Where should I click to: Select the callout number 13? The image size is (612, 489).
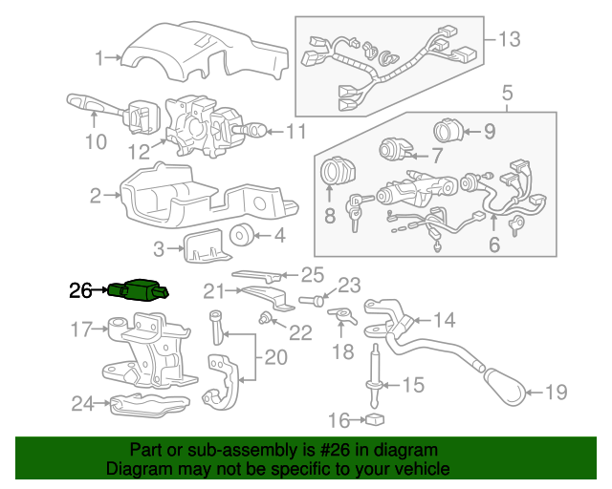[x=510, y=39]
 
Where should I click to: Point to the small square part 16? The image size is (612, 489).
[x=376, y=418]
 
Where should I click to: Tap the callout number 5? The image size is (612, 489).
[x=506, y=93]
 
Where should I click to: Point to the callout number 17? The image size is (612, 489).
[x=81, y=330]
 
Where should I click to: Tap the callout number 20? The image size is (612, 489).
[x=275, y=357]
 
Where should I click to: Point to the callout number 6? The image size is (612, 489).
[x=494, y=244]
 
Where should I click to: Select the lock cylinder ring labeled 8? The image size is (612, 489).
[x=337, y=174]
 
